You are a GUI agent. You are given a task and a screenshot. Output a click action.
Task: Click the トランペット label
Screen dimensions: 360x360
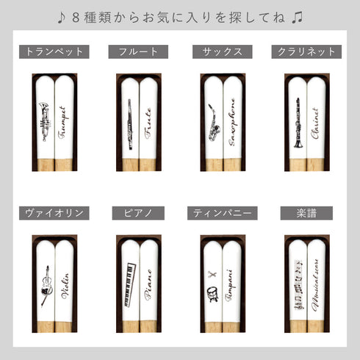click(x=54, y=52)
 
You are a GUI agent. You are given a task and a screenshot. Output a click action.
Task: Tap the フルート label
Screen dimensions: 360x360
click(x=138, y=52)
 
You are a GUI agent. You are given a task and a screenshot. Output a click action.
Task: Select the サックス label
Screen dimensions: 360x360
click(x=222, y=52)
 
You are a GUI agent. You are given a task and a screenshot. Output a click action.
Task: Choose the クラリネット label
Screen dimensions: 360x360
click(x=306, y=52)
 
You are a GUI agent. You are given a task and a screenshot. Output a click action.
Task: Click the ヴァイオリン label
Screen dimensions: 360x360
click(x=54, y=213)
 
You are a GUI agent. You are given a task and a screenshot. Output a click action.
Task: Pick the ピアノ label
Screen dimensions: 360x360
click(x=138, y=213)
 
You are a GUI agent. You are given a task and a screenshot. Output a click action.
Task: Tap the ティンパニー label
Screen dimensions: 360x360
click(x=222, y=213)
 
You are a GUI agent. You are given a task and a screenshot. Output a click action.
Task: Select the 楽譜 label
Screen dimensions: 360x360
click(x=306, y=213)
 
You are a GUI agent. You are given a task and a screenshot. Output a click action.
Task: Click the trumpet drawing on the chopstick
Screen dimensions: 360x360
click(x=44, y=117)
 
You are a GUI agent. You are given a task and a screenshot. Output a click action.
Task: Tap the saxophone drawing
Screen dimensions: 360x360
click(x=214, y=121)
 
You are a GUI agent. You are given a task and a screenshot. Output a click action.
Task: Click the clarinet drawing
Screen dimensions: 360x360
click(x=298, y=121)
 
